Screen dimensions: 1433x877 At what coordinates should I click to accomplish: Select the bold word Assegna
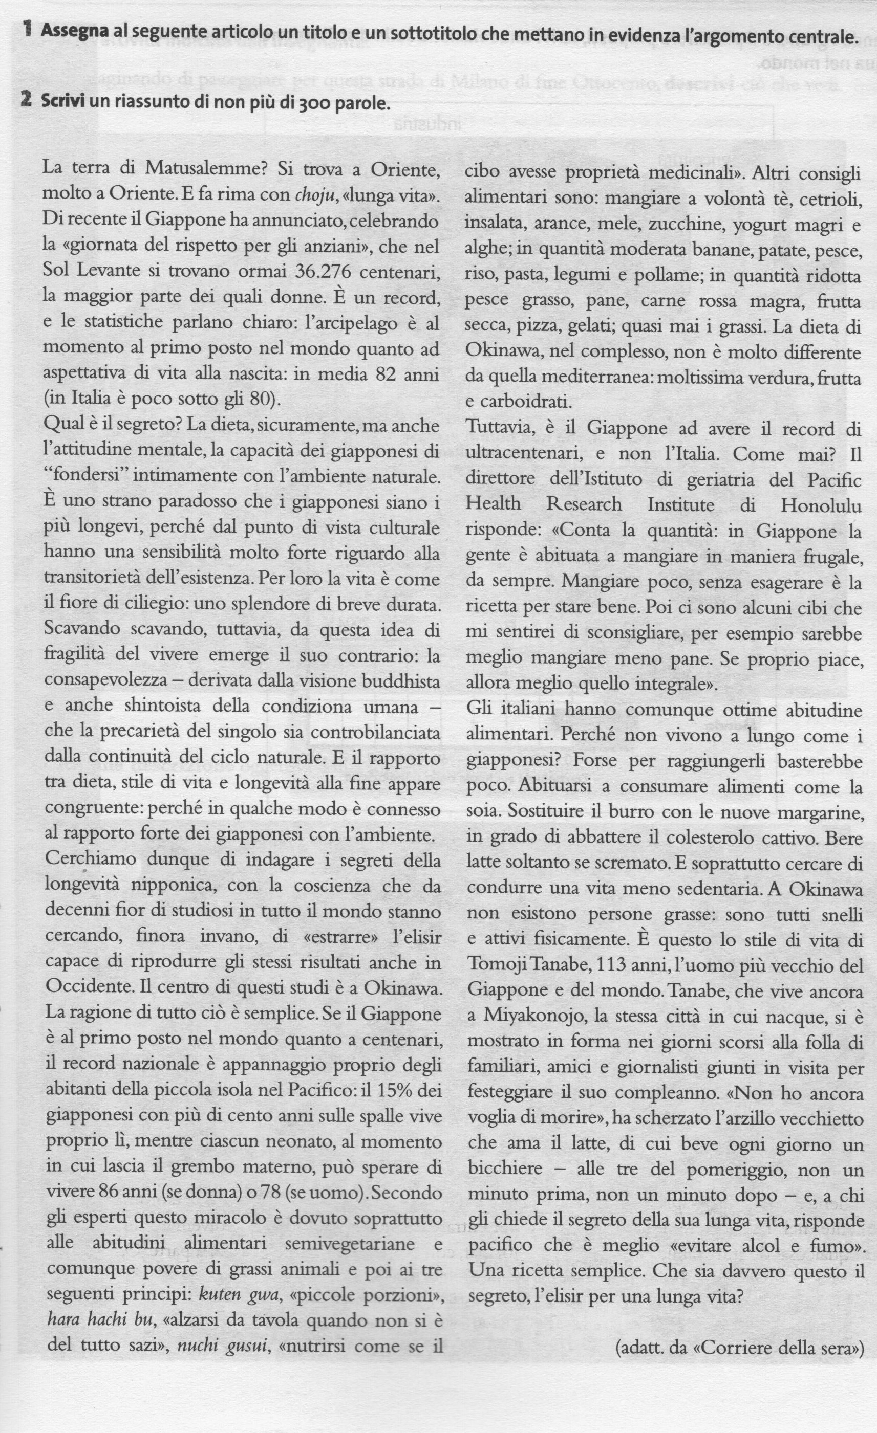pos(74,33)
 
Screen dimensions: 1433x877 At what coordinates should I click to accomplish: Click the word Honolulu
pos(821,505)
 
